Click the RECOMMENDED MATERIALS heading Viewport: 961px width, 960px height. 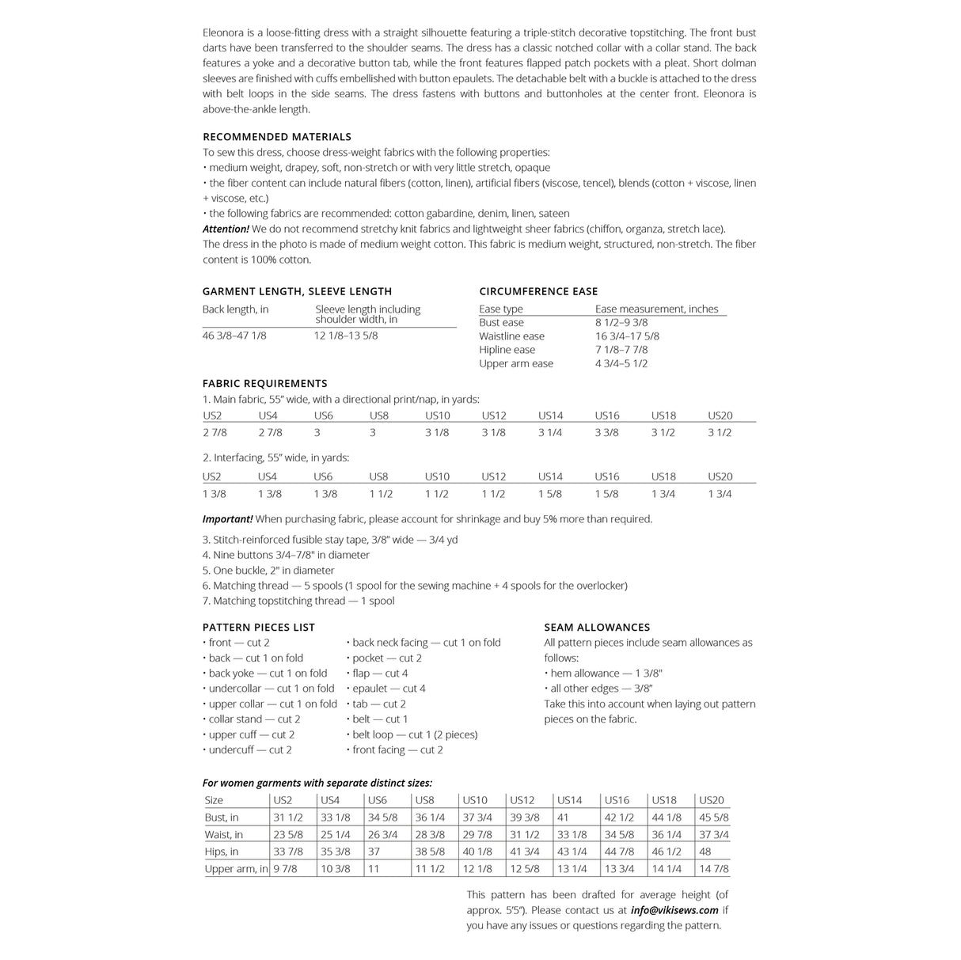(x=276, y=137)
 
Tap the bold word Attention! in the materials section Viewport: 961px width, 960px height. (x=226, y=229)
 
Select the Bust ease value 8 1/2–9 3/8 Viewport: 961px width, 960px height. (x=621, y=323)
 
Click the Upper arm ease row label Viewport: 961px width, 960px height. (x=516, y=364)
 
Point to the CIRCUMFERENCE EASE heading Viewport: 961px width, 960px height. (x=538, y=291)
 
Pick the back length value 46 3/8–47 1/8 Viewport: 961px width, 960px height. (x=234, y=336)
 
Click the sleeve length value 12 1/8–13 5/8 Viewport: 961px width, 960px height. (x=346, y=336)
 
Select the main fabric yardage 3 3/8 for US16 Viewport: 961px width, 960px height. (x=606, y=433)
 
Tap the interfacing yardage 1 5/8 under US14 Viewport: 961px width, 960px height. (x=550, y=494)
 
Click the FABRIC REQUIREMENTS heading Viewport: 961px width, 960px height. (x=264, y=384)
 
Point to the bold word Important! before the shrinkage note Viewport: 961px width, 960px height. (x=227, y=519)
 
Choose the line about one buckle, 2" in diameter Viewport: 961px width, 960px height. (x=268, y=571)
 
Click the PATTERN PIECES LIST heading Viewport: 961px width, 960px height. (x=259, y=628)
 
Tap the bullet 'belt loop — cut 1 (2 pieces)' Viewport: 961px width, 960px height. (x=415, y=734)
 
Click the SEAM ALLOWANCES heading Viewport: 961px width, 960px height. (x=597, y=628)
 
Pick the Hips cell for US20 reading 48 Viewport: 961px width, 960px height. (x=705, y=852)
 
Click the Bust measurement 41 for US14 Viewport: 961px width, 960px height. (x=563, y=818)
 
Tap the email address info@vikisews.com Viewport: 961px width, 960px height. (x=674, y=910)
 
